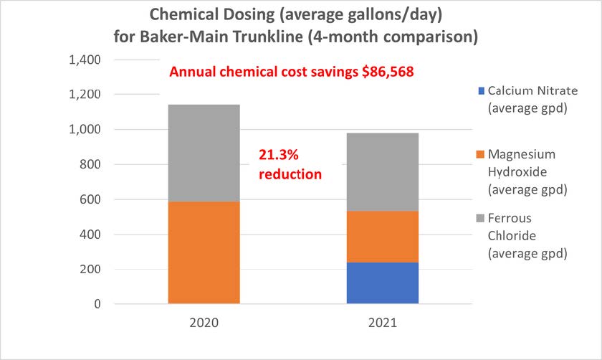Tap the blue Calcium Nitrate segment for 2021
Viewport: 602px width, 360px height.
click(383, 283)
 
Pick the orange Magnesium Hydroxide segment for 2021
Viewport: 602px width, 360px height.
click(383, 237)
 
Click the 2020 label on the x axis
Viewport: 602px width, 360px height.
click(204, 323)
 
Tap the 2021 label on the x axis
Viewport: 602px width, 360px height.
click(383, 323)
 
